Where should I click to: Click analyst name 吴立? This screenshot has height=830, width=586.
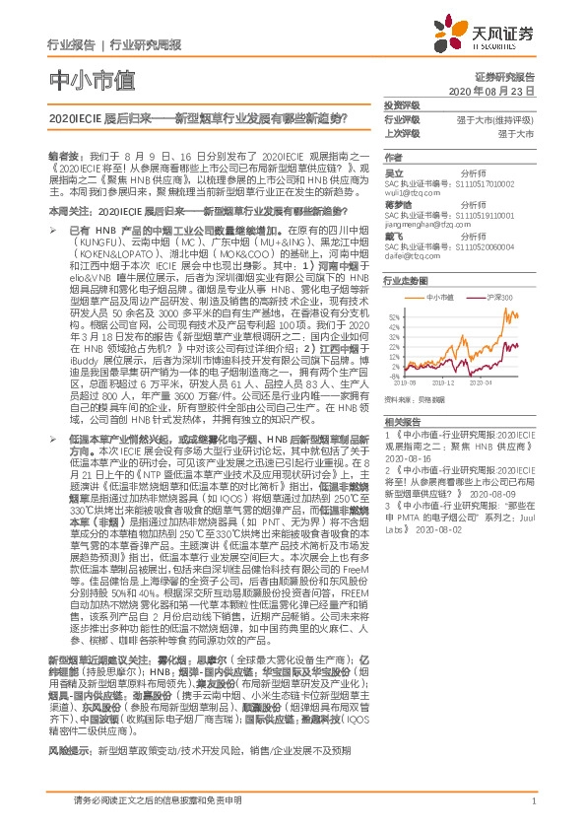(x=392, y=172)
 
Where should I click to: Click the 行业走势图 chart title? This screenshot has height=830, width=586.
(x=404, y=280)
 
